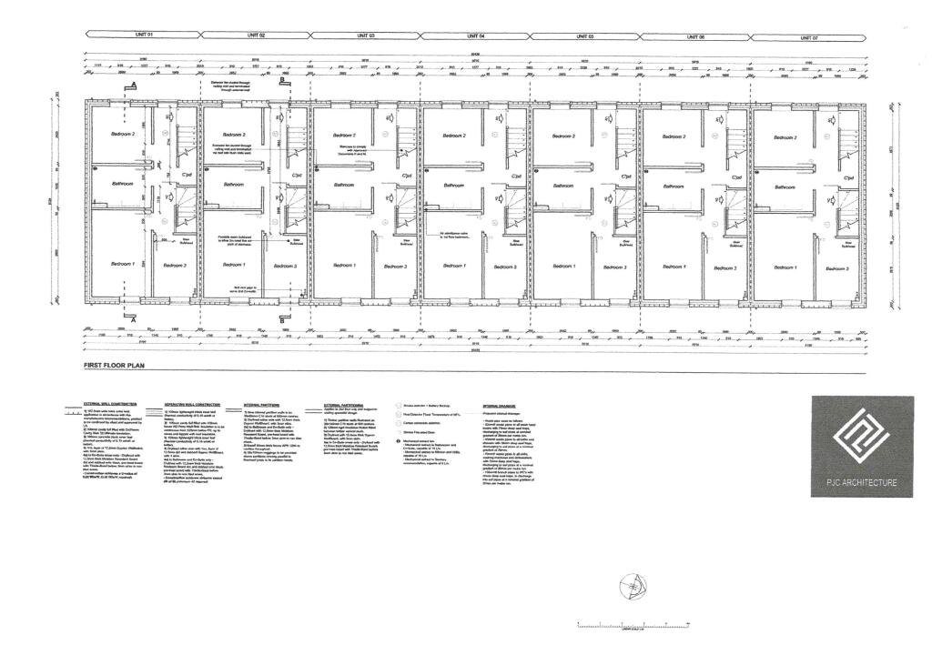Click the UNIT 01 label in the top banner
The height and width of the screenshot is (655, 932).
point(143,35)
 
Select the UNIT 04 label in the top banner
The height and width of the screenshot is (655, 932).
point(475,35)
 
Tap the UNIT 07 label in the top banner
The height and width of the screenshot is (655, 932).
point(809,37)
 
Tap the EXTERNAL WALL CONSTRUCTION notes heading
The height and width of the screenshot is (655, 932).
point(110,403)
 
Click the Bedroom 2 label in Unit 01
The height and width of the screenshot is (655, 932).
point(123,135)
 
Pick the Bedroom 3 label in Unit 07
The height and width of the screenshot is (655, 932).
point(836,268)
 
